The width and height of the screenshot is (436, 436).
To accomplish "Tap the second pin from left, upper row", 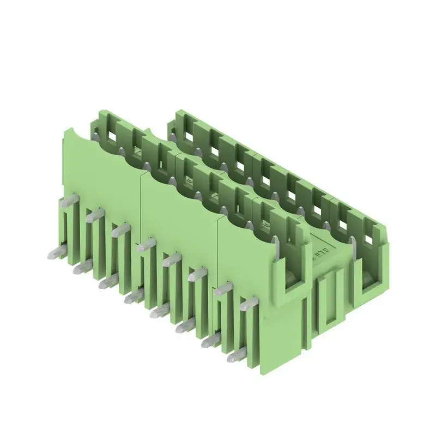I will (x=93, y=214).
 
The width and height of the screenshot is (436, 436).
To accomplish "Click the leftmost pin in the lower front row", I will (x=55, y=252).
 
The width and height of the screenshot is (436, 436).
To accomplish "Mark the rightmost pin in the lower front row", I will (x=235, y=357).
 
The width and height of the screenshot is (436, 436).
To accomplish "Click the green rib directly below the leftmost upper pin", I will (x=65, y=229).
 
